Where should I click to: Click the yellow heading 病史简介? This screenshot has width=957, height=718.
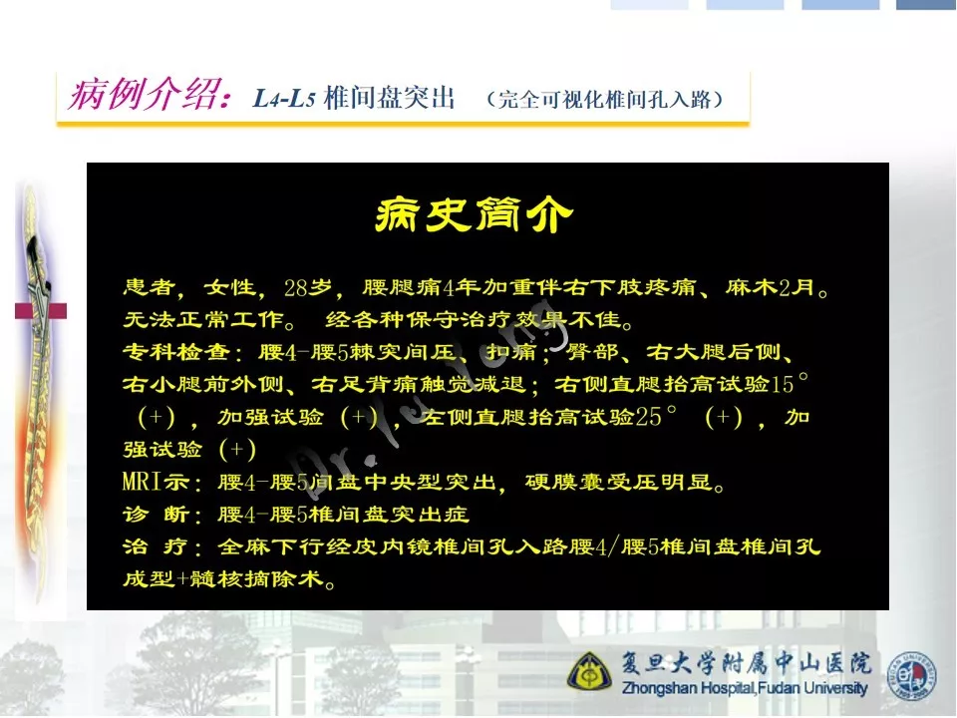tap(474, 214)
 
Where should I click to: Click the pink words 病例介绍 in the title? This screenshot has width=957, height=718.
tap(144, 96)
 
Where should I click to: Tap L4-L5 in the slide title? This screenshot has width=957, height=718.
tap(283, 98)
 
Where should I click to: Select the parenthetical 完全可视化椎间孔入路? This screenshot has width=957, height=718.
tap(604, 99)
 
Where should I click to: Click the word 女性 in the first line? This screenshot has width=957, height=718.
tap(229, 287)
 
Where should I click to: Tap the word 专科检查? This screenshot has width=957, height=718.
tap(176, 352)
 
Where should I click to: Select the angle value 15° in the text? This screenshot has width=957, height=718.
tap(790, 383)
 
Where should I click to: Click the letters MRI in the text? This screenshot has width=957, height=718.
tap(143, 482)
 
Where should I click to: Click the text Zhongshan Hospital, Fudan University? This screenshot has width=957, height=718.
tap(744, 688)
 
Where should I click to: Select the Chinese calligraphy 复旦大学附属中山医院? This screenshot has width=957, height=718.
tap(746, 663)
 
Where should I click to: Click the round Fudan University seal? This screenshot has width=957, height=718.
tap(911, 676)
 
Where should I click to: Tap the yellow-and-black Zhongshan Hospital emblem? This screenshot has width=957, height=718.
tap(589, 671)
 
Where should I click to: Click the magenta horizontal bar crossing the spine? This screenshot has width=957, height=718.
tap(41, 311)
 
